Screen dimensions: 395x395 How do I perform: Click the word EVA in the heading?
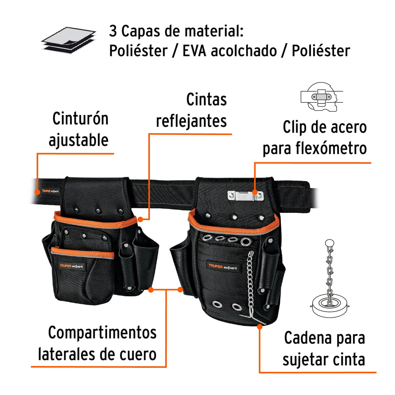pyautogui.click(x=194, y=51)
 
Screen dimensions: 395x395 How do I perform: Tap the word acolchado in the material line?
pyautogui.click(x=243, y=51)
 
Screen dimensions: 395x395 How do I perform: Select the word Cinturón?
pyautogui.click(x=81, y=118)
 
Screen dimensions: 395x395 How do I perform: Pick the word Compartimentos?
pyautogui.click(x=102, y=333)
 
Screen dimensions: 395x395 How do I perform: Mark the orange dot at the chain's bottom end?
pyautogui.click(x=260, y=325)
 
